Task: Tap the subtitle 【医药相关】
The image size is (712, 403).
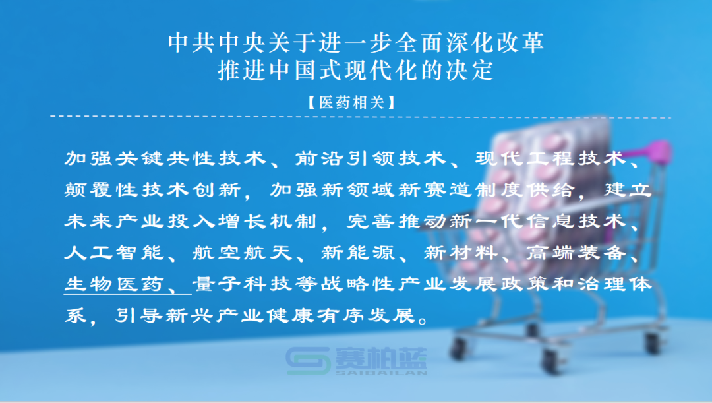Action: tap(352, 102)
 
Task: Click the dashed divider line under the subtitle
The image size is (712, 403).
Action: tap(361, 117)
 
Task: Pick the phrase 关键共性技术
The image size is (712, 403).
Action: tap(191, 158)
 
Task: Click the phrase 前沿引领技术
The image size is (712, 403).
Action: tap(370, 158)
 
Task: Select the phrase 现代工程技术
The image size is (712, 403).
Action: tap(550, 158)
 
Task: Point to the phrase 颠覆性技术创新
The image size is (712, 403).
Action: tap(152, 189)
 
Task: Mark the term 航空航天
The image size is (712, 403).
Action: tap(242, 252)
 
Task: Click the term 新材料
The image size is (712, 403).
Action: tap(461, 252)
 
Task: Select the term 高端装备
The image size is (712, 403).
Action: tap(576, 252)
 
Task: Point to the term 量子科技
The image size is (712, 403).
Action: tap(242, 284)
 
